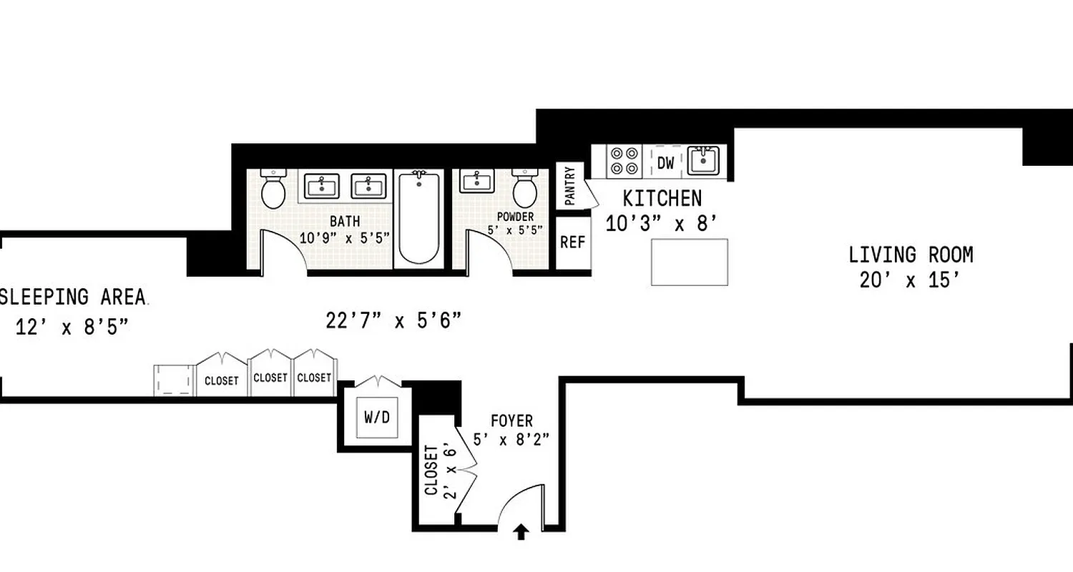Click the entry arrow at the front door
(x=521, y=532)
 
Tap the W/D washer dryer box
(x=377, y=418)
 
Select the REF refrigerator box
(x=572, y=242)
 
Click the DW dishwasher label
(x=665, y=163)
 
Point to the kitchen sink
(x=702, y=161)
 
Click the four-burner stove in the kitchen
(x=624, y=161)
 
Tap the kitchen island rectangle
(x=689, y=262)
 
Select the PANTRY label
(x=570, y=186)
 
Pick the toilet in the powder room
(x=525, y=189)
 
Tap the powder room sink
(x=476, y=182)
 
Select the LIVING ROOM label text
(x=911, y=255)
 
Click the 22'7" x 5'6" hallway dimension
(x=393, y=321)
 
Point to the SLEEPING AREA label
(x=73, y=296)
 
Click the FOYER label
(x=511, y=421)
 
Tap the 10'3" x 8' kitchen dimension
(x=661, y=224)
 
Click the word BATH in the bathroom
(x=345, y=221)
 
